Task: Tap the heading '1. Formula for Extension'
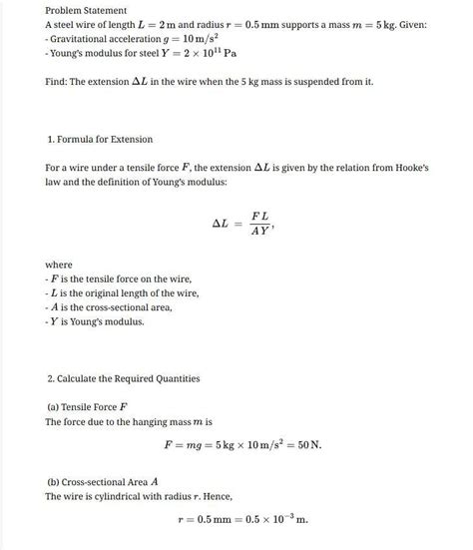point(99,138)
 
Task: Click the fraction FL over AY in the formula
point(260,222)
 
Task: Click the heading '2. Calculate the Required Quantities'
point(123,378)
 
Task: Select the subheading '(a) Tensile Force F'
point(88,407)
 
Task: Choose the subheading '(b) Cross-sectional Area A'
point(104,481)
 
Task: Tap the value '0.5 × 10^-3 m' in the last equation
point(271,519)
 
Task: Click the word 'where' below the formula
point(59,264)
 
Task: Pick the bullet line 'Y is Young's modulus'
point(97,321)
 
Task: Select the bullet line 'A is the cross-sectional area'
point(111,307)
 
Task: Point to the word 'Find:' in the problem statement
point(58,81)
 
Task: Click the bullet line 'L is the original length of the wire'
point(123,292)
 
